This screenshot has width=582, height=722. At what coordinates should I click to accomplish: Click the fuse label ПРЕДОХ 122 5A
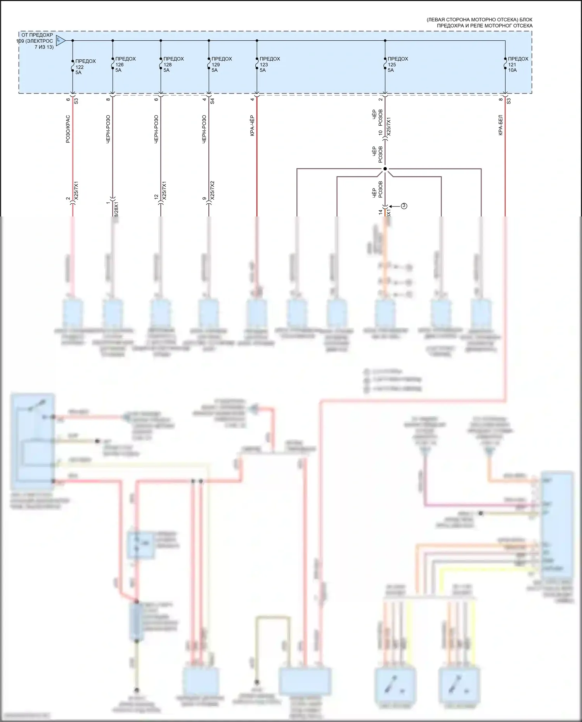pyautogui.click(x=85, y=67)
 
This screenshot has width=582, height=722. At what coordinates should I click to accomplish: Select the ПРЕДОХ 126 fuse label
pyautogui.click(x=125, y=64)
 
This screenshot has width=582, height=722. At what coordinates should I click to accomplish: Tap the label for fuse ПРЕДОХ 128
pyautogui.click(x=173, y=64)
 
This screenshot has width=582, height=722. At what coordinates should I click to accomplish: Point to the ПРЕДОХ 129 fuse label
pyautogui.click(x=221, y=64)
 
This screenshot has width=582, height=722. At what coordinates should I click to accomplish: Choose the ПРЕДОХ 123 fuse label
pyautogui.click(x=269, y=64)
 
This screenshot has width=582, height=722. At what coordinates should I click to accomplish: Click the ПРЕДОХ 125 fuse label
pyautogui.click(x=397, y=64)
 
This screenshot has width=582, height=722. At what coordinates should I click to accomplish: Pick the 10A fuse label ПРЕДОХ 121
pyautogui.click(x=518, y=64)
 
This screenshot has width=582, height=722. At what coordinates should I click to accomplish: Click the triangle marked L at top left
pyautogui.click(x=60, y=40)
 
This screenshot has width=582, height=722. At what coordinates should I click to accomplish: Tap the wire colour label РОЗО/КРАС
pyautogui.click(x=68, y=129)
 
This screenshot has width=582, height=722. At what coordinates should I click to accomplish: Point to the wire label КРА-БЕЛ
pyautogui.click(x=501, y=125)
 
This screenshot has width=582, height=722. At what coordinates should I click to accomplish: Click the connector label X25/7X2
pyautogui.click(x=212, y=190)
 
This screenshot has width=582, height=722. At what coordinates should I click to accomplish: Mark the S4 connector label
pyautogui.click(x=212, y=101)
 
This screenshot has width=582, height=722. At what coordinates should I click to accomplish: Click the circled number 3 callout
pyautogui.click(x=404, y=206)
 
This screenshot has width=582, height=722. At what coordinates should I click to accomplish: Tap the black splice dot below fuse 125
pyautogui.click(x=385, y=169)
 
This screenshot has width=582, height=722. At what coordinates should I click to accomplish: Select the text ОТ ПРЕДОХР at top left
pyautogui.click(x=37, y=35)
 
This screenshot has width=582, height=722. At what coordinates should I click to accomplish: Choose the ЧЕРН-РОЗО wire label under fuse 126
pyautogui.click(x=108, y=129)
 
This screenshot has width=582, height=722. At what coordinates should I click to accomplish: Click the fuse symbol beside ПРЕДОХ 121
pyautogui.click(x=505, y=64)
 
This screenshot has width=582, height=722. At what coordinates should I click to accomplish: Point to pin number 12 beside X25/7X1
pyautogui.click(x=156, y=197)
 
